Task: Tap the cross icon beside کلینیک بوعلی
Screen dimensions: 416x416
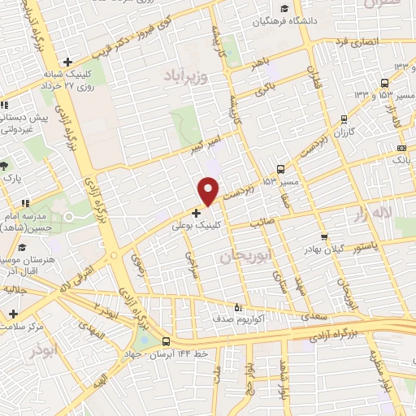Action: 196,213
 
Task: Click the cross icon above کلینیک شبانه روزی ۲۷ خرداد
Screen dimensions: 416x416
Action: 68,62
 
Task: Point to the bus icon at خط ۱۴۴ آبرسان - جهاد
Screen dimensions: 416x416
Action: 167,342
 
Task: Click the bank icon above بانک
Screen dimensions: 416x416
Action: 401,148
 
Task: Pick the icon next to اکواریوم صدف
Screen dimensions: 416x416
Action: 237,308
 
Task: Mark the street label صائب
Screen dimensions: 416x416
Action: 262,218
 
